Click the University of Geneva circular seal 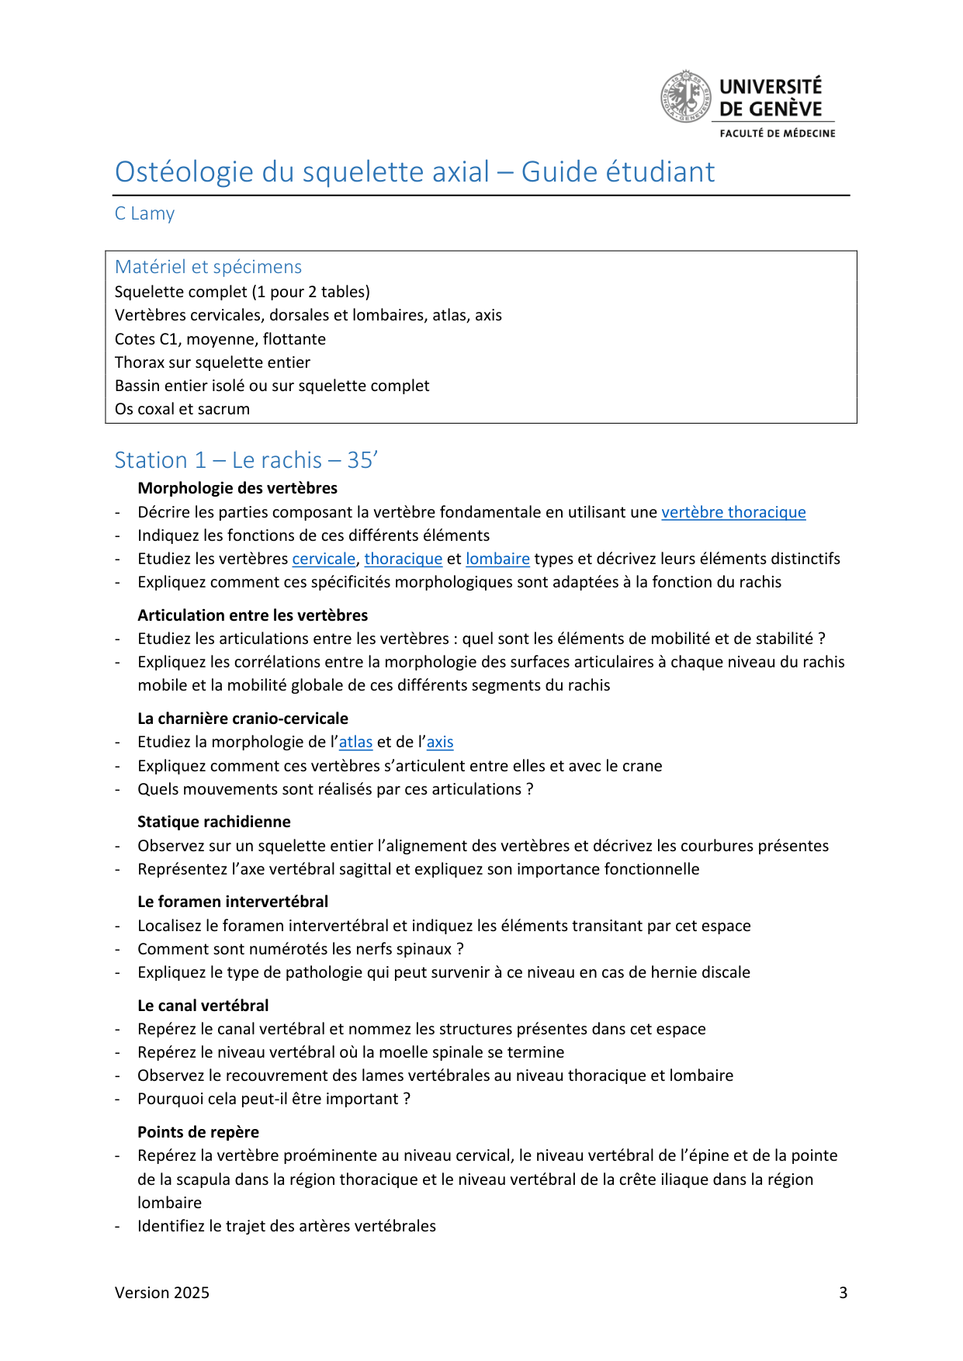(685, 97)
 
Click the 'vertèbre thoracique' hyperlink (733, 512)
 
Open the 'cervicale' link (324, 559)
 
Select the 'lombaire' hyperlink (497, 559)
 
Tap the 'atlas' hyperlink (355, 742)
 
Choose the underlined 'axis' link (440, 742)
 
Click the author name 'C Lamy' (144, 213)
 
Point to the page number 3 (843, 1293)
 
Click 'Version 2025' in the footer (162, 1293)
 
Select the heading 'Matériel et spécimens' (208, 267)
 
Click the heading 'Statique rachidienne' (214, 822)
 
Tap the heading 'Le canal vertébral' (203, 1006)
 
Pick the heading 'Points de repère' (199, 1132)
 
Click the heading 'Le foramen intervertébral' (233, 902)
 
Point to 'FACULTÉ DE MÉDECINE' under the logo (778, 133)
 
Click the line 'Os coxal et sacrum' (182, 409)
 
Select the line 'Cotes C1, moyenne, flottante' (220, 339)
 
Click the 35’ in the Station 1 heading (362, 460)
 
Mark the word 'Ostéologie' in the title (185, 172)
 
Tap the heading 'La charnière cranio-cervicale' (243, 719)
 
